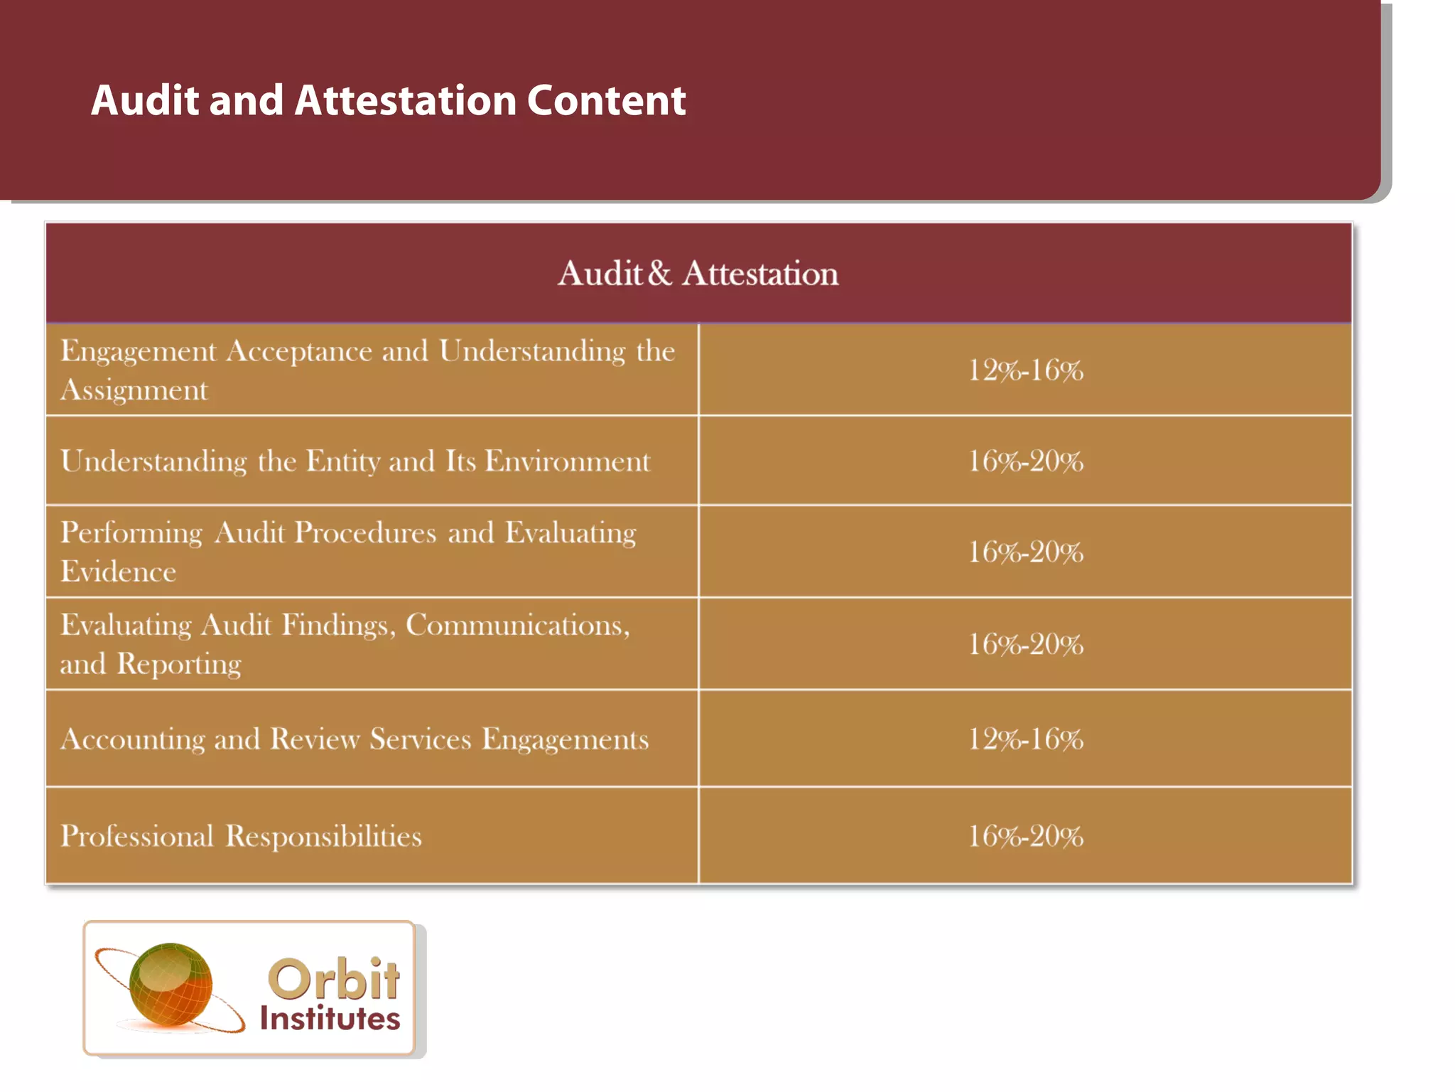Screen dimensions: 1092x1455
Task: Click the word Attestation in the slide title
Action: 405,100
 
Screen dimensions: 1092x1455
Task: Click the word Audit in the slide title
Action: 145,100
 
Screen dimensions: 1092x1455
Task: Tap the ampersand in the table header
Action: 660,273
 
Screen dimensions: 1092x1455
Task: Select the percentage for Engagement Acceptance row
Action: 1025,370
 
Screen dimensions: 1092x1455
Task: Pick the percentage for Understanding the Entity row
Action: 1025,461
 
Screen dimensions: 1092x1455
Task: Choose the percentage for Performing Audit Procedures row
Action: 1025,552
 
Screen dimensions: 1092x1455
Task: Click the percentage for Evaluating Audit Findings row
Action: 1025,645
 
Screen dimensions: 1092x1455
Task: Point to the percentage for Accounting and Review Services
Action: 1025,739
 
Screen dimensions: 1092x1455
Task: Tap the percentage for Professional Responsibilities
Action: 1025,836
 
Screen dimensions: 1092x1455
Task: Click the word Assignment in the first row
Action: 134,390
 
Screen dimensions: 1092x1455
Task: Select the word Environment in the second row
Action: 567,461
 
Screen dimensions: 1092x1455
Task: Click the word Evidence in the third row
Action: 118,572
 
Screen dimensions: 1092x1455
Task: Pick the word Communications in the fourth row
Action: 517,626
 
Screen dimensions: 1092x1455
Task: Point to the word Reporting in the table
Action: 179,665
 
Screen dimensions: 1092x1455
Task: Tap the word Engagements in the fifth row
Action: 566,739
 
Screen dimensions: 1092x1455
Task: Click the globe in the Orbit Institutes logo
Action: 171,984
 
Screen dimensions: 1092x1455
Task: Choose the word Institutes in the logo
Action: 330,1019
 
